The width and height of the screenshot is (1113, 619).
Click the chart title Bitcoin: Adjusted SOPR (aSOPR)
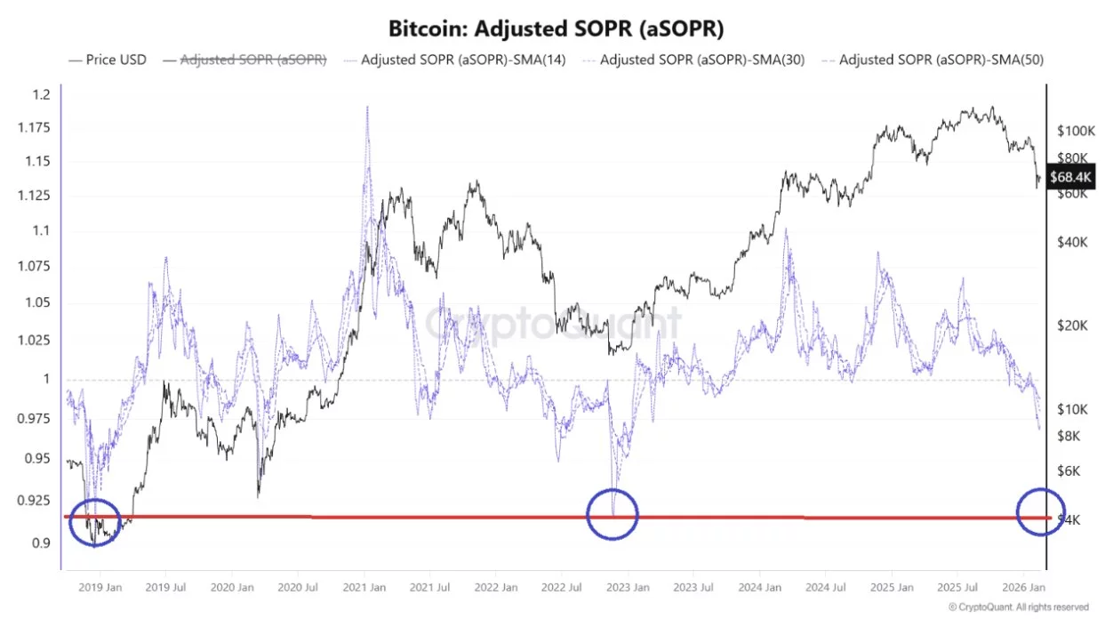pyautogui.click(x=556, y=28)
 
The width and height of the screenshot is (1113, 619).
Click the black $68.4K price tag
pyautogui.click(x=1070, y=176)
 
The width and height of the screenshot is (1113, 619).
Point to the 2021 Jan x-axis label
pyautogui.click(x=365, y=587)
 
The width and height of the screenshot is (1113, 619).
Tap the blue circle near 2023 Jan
pyautogui.click(x=613, y=513)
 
